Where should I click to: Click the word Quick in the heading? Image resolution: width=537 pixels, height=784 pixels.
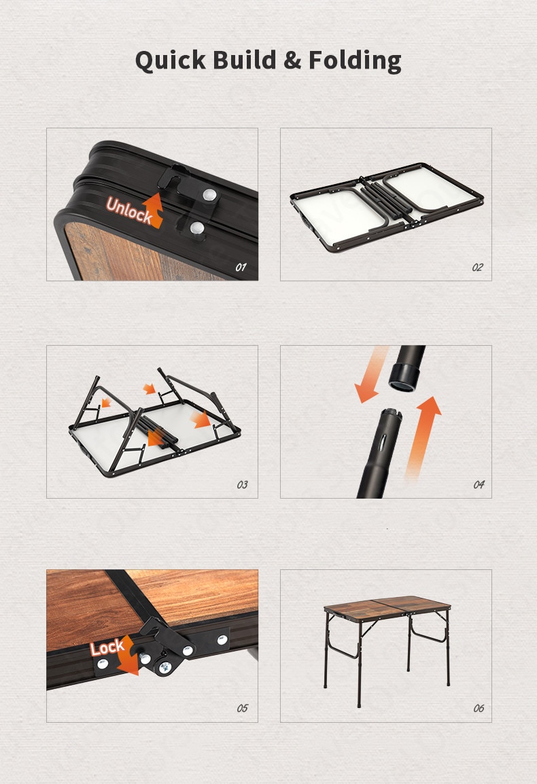[170, 60]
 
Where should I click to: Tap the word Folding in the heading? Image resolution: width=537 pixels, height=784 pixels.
[355, 60]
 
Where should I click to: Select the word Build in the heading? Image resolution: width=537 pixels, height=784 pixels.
[244, 59]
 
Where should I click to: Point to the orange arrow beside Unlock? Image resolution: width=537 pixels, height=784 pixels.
[154, 209]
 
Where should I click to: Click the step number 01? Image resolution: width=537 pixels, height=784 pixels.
[241, 268]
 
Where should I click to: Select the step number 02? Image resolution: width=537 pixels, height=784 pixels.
[478, 268]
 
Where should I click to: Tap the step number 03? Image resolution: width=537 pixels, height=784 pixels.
[242, 484]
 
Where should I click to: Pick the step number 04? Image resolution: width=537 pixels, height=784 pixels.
[479, 484]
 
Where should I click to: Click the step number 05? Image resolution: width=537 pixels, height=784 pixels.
[242, 708]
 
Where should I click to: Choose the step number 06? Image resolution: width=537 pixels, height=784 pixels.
[479, 708]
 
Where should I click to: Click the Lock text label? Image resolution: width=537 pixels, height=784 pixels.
[107, 648]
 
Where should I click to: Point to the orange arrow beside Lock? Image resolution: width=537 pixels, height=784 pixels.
[128, 655]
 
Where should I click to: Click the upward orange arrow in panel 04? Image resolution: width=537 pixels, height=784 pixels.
[422, 438]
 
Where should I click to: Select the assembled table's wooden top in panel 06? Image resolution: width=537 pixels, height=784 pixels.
[387, 608]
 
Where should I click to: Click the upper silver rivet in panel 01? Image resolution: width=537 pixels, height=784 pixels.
[209, 195]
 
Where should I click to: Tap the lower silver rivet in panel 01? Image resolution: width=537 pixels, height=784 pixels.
[197, 229]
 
